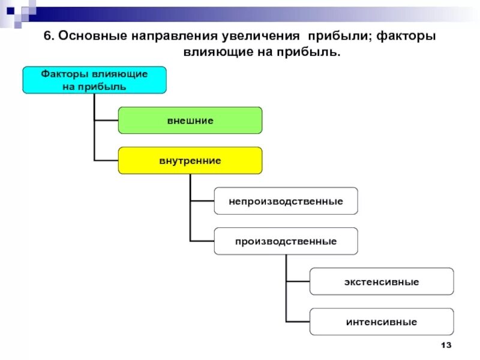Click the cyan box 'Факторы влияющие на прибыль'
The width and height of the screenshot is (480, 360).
(94, 80)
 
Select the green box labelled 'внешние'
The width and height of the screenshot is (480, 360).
(190, 120)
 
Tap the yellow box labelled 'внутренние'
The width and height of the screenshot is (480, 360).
(190, 160)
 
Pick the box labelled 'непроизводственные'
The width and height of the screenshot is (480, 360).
(286, 200)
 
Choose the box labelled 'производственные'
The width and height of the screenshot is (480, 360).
(286, 241)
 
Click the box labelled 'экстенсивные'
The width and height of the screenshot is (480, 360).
(382, 281)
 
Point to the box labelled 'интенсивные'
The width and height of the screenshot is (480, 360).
(382, 322)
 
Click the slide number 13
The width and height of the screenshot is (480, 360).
(445, 346)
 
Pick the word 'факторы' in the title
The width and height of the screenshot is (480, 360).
(406, 37)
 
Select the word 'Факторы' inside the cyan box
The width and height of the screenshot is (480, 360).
(65, 74)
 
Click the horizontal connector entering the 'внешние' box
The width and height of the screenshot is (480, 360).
(106, 120)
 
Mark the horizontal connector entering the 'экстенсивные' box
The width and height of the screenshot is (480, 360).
(298, 281)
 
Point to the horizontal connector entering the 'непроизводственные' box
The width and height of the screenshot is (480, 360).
(202, 200)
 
